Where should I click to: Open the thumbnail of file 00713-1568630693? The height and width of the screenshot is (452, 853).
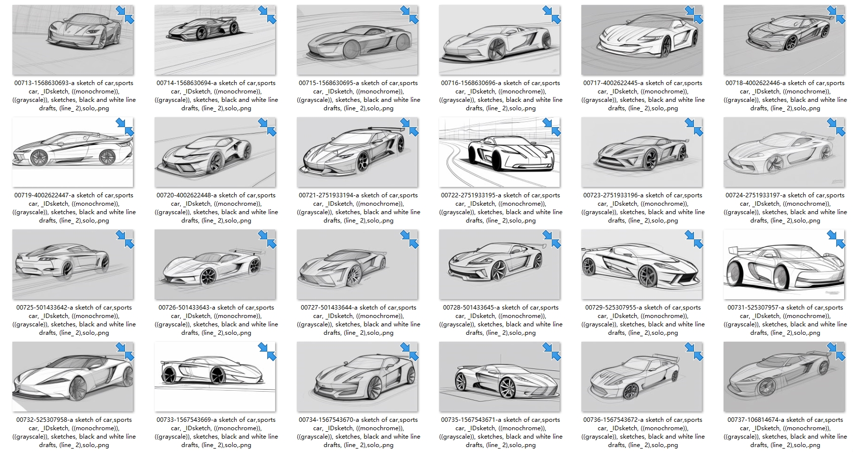[x=73, y=40]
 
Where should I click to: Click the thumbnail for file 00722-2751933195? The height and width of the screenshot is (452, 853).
[x=499, y=152]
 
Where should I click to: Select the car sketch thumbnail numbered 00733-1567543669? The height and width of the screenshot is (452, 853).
[x=215, y=377]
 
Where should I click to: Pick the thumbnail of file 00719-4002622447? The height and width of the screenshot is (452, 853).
[x=73, y=152]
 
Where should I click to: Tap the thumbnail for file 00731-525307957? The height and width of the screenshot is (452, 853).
[x=784, y=265]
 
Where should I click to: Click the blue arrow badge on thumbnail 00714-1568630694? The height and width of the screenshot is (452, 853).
[x=267, y=15]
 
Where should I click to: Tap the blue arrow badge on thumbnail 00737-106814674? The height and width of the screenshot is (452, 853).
[x=836, y=351]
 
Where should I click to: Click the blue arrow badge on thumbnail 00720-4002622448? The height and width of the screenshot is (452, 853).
[x=267, y=127]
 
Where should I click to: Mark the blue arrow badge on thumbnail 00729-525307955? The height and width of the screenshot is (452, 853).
[x=694, y=239]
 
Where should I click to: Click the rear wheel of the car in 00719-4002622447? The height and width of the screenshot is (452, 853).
[x=107, y=157]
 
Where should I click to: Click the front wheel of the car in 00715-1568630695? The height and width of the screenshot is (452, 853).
[x=352, y=48]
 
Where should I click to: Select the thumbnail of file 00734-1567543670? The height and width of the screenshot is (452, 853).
[x=357, y=377]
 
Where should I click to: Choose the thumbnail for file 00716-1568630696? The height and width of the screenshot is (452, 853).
[x=499, y=40]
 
